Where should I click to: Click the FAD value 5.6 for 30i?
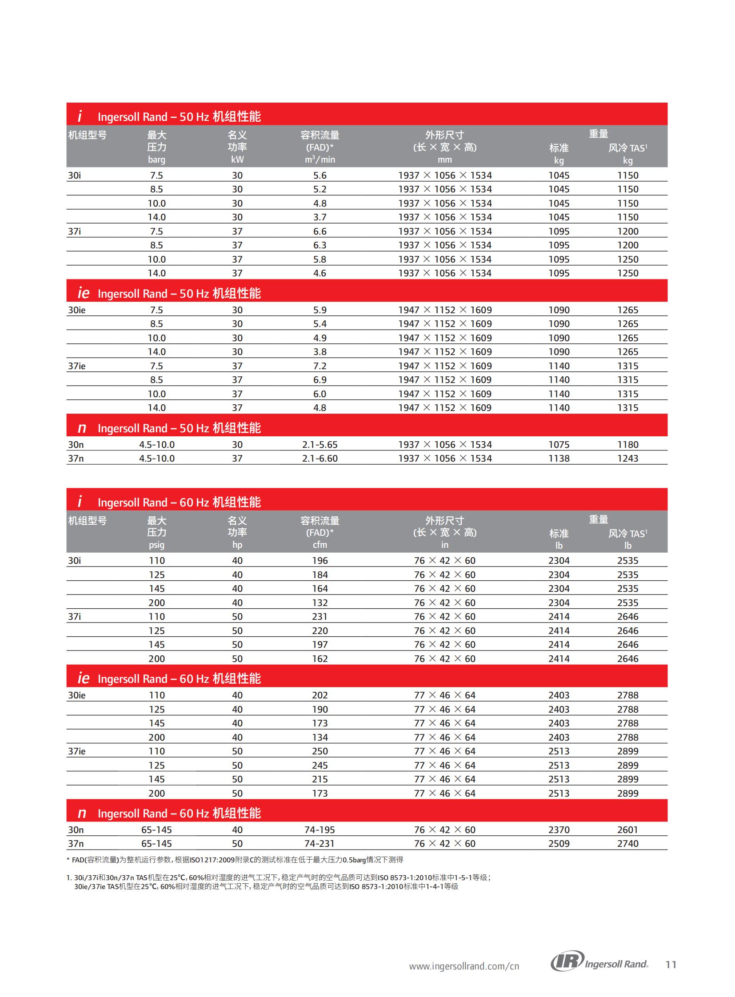coord(320,175)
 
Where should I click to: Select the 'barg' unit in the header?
coord(156,160)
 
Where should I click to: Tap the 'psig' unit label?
coord(156,545)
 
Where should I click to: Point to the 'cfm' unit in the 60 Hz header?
coord(320,545)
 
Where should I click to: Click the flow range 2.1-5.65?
coord(320,444)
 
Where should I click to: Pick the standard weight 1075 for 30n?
coord(559,444)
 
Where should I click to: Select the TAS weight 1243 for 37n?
coord(627,458)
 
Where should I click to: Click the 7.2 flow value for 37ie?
coord(320,366)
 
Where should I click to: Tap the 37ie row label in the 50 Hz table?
coord(76,366)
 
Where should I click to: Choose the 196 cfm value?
coord(320,561)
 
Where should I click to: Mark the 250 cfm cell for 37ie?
coord(320,751)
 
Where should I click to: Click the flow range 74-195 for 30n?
coord(320,830)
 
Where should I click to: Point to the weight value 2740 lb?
coord(627,844)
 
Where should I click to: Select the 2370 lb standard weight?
coord(559,830)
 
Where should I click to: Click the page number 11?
coord(671,965)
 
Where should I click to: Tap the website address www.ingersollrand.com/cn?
coord(463,966)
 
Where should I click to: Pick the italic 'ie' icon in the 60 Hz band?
coord(83,678)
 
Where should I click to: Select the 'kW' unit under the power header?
coord(237,160)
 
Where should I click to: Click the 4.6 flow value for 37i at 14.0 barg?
coord(320,273)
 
